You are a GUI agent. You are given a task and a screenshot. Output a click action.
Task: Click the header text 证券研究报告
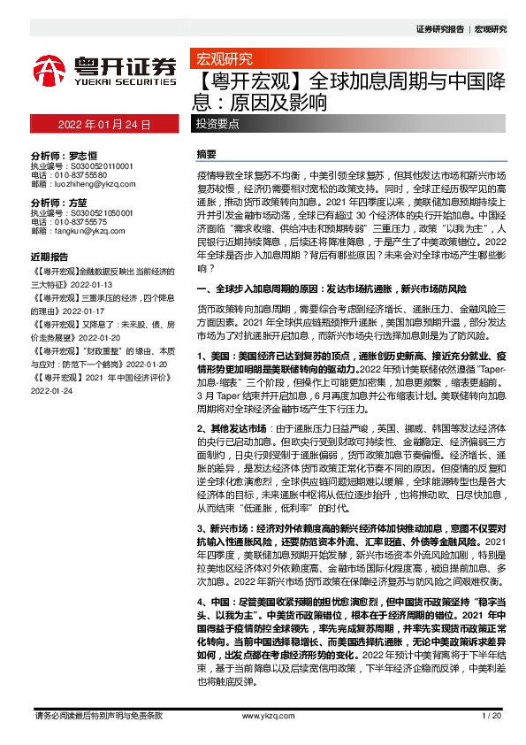tap(439, 29)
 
